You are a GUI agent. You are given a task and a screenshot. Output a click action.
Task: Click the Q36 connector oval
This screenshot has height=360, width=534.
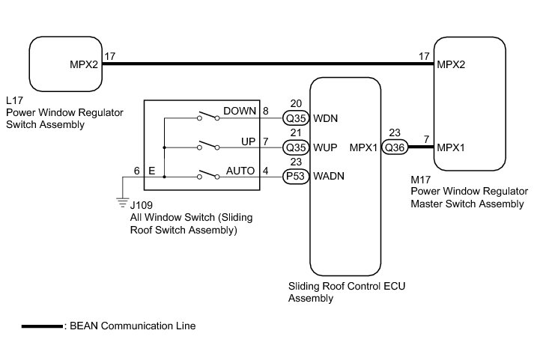coord(395,147)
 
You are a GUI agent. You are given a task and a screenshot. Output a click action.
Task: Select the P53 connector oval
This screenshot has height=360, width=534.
coord(296,176)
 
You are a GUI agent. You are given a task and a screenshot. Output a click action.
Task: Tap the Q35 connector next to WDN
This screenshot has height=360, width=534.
coord(296,118)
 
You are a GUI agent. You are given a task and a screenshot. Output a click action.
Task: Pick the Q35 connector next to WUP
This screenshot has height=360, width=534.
coord(296,147)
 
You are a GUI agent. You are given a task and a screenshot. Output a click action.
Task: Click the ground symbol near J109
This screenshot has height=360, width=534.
coord(122,203)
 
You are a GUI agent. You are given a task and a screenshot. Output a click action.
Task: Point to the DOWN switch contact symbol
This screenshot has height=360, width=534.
coord(208,116)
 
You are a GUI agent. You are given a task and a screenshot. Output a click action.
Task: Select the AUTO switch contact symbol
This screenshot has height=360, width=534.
coord(208,174)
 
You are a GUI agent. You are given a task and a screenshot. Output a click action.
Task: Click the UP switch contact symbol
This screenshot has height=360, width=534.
coord(208,145)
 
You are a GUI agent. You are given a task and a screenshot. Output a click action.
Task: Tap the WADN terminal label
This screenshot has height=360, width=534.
coord(329,176)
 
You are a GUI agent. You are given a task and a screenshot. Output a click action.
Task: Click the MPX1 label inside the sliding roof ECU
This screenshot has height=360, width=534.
coord(363,147)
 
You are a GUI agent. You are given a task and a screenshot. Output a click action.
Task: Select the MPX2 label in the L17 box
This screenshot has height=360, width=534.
coord(84,64)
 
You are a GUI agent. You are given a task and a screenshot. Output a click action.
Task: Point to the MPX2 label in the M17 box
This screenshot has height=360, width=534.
coord(451,64)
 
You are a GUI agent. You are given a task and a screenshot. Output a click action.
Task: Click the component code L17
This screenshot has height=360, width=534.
coord(14,100)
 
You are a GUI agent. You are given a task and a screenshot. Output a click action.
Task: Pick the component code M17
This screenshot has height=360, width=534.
coord(421,180)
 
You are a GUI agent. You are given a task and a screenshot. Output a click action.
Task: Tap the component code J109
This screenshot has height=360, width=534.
coord(142,205)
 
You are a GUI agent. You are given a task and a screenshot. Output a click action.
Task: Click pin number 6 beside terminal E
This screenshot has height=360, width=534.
coord(137,171)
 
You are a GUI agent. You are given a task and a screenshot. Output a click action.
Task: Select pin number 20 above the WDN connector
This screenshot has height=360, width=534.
coord(296,103)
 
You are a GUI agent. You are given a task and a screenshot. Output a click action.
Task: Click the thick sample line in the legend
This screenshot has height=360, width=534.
coord(42,326)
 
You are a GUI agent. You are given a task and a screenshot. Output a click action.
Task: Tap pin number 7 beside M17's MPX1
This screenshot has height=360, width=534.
coord(426,139)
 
